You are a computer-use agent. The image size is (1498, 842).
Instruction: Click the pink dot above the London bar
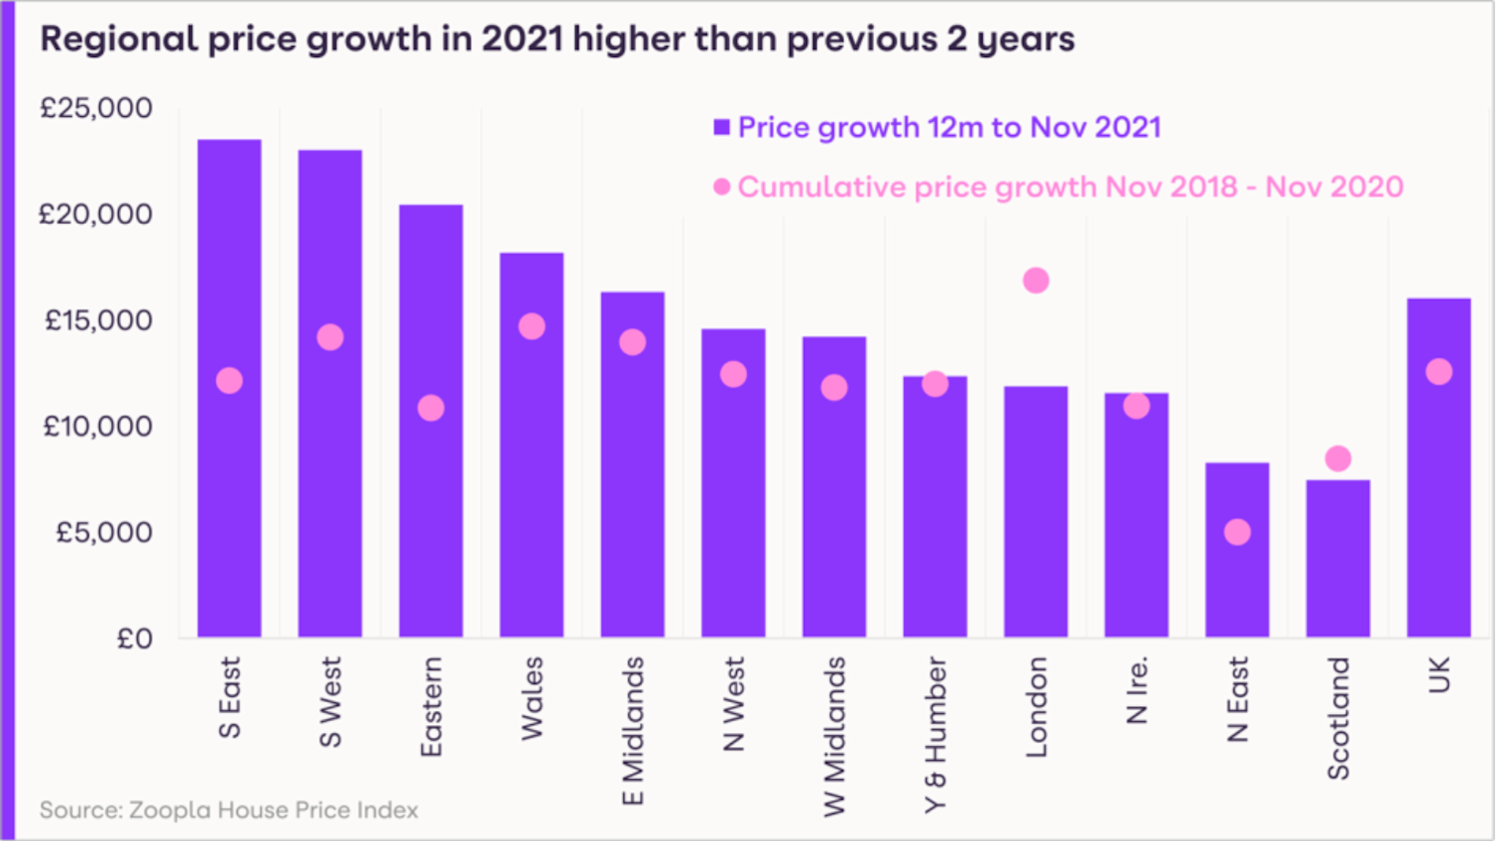[1036, 281]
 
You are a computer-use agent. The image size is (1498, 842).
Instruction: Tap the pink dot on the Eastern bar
[430, 408]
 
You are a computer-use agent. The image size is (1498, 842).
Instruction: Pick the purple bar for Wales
[531, 479]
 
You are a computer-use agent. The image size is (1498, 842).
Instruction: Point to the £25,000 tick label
[96, 108]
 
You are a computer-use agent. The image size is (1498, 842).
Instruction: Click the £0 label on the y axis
[134, 638]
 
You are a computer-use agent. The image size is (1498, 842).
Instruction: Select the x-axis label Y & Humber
[935, 734]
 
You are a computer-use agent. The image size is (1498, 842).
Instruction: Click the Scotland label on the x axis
[1338, 718]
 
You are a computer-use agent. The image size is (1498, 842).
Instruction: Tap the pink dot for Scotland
[1338, 458]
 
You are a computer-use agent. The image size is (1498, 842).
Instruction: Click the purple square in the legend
[722, 127]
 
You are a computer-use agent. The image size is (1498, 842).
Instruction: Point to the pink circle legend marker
[722, 187]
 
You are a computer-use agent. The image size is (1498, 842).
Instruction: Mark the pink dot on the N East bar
[1237, 532]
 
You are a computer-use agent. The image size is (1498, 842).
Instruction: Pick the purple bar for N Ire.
[1136, 529]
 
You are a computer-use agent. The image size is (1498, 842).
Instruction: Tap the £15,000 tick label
[98, 321]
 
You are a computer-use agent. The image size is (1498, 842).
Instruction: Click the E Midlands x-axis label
[633, 731]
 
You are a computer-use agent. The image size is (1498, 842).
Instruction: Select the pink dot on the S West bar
[331, 338]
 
